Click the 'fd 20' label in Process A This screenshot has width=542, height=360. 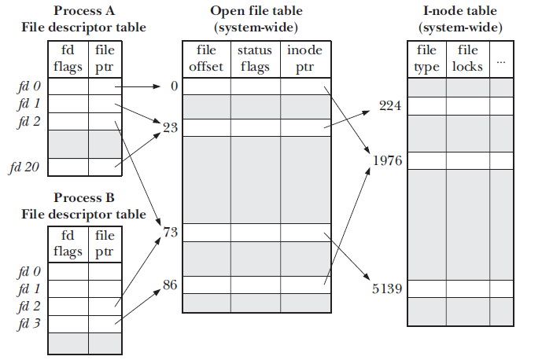pos(24,167)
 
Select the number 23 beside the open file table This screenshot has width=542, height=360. pos(171,128)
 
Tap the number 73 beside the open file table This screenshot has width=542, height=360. pos(171,232)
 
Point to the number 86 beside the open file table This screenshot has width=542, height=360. pos(170,285)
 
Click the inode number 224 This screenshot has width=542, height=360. pos(390,105)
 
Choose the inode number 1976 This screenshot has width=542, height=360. pos(388,160)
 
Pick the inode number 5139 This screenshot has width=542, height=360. pos(387,288)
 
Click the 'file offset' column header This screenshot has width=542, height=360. pos(206,58)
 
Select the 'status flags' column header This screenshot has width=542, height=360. pos(255,59)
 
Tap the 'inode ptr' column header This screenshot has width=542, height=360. pos(304,59)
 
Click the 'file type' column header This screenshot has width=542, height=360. pos(426,59)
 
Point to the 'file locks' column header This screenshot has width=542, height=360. pos(467,58)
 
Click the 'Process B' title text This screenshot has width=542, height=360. pos(84,197)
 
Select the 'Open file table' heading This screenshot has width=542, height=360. pos(256,11)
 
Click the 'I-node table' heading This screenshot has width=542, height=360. pos(460,11)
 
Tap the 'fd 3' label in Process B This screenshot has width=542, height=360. pos(29,324)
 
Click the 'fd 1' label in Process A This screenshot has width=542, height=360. pos(29,104)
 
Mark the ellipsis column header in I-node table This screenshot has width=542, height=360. pos(501,62)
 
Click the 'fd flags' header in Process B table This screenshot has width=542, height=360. pos(68,244)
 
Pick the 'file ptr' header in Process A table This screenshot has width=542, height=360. pos(105,59)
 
